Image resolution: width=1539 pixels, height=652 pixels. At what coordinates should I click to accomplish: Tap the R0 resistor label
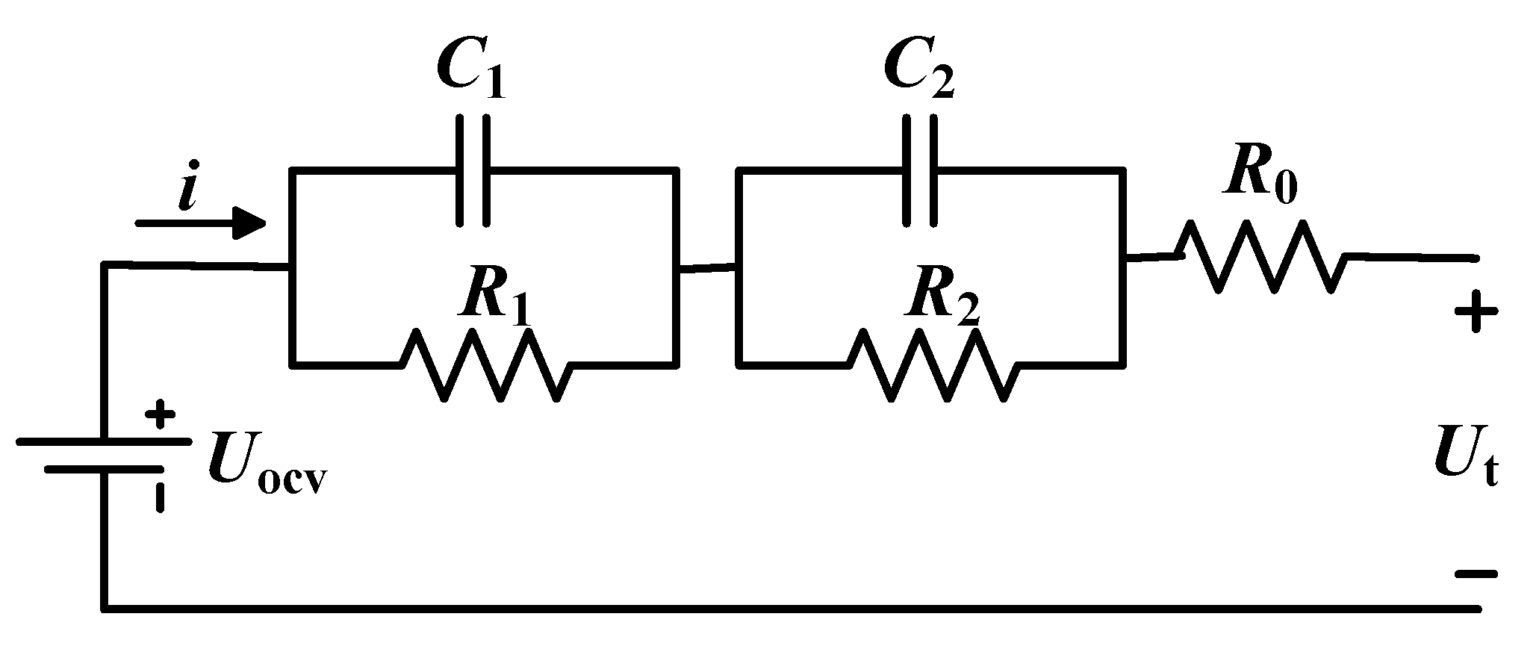point(1260,179)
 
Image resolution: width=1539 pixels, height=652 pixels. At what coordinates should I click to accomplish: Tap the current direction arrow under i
point(202,223)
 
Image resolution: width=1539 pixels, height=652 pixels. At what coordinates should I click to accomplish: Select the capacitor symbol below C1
point(473,170)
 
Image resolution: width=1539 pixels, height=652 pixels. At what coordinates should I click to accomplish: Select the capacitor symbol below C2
point(920,170)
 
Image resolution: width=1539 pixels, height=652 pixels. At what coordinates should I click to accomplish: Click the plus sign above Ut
point(1476,314)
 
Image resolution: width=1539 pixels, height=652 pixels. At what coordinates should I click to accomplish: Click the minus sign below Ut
point(1476,574)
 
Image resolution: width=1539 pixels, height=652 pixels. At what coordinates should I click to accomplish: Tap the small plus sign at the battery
point(160,415)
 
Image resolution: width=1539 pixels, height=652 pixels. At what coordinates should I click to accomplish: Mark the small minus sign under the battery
point(160,497)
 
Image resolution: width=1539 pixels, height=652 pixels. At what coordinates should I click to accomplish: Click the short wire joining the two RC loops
point(707,267)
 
